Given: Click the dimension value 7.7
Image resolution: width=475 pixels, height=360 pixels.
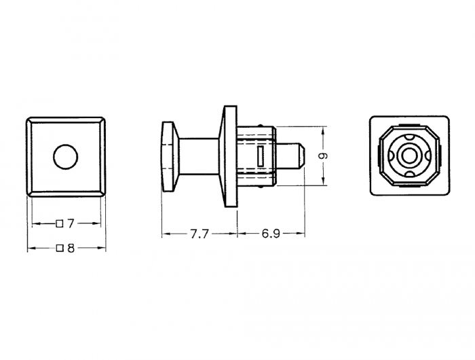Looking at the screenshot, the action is pyautogui.click(x=199, y=234).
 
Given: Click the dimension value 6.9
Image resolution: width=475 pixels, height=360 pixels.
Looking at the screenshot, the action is pyautogui.click(x=271, y=234).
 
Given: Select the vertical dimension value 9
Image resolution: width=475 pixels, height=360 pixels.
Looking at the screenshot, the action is pyautogui.click(x=324, y=156).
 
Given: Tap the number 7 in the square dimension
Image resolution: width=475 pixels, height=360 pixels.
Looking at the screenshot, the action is pyautogui.click(x=71, y=224).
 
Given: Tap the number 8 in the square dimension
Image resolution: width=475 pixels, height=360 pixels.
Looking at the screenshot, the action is pyautogui.click(x=71, y=249).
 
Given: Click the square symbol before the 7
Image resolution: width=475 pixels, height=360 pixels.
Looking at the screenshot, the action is pyautogui.click(x=60, y=224).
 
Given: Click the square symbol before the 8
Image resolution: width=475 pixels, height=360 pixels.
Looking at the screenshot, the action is pyautogui.click(x=60, y=249).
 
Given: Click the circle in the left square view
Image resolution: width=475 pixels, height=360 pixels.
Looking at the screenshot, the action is pyautogui.click(x=66, y=156).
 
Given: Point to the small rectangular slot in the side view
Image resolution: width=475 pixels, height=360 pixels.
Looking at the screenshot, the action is pyautogui.click(x=260, y=156).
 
